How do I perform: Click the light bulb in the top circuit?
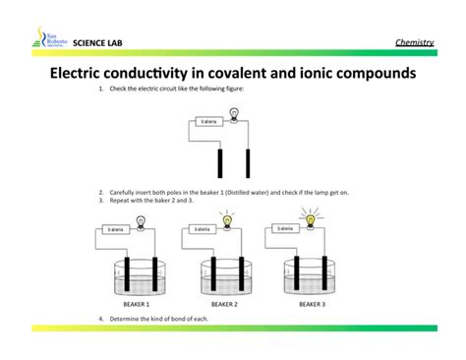tap(234, 114)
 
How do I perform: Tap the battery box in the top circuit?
tap(207, 122)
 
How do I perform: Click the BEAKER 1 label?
tap(137, 306)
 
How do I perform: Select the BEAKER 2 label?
tap(224, 306)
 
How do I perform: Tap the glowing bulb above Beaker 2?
tap(228, 220)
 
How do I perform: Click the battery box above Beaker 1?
tap(114, 229)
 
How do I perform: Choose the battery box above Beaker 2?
tap(202, 229)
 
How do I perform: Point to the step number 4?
tap(101, 319)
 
